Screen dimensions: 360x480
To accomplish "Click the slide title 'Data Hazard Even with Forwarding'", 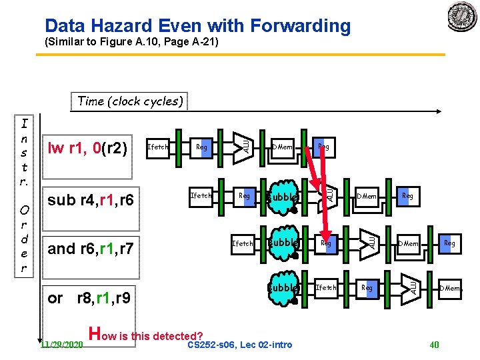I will click(x=197, y=26).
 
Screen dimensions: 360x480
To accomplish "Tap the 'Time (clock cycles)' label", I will click(x=130, y=101).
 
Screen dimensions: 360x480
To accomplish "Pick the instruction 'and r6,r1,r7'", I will click(x=91, y=249).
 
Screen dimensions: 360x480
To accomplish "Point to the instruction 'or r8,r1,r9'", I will click(x=89, y=297).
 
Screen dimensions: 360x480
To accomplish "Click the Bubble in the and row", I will click(x=283, y=243).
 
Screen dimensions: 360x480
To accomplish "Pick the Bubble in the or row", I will click(x=283, y=288).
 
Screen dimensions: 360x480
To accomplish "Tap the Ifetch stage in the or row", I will click(x=326, y=288).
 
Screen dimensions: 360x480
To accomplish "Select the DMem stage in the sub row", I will click(x=367, y=197).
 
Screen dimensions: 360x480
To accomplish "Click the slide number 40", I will click(x=434, y=345).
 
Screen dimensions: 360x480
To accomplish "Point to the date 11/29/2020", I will click(x=61, y=345).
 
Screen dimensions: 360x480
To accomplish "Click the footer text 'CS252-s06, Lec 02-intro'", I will click(x=239, y=345).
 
